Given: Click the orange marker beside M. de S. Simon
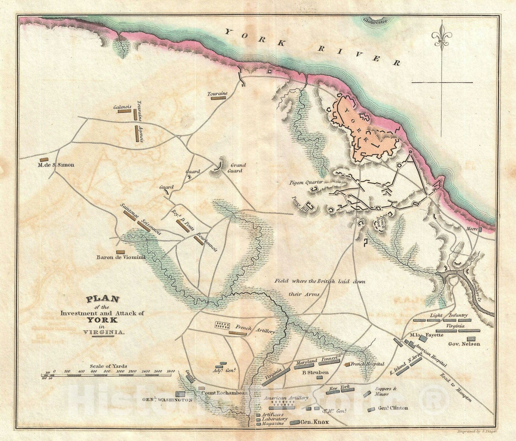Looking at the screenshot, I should pyautogui.click(x=43, y=160).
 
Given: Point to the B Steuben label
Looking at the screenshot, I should pyautogui.click(x=315, y=373).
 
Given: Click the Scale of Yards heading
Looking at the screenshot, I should pyautogui.click(x=108, y=366).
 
